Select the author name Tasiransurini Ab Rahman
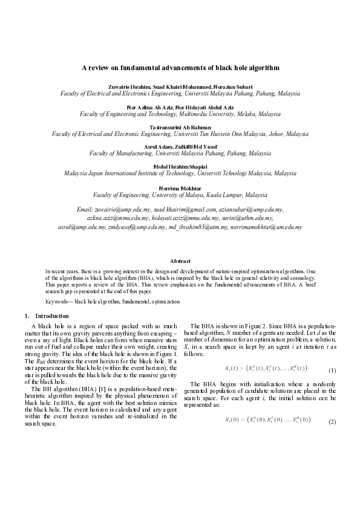click(180, 126)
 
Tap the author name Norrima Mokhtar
click(180, 188)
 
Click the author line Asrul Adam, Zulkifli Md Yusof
click(180, 147)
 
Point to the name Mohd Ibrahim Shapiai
click(180, 167)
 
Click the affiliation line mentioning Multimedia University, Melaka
click(180, 113)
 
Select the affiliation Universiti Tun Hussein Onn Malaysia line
click(180, 134)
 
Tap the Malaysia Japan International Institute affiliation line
click(180, 174)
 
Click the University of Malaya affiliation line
click(180, 195)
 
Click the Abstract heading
click(180, 261)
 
